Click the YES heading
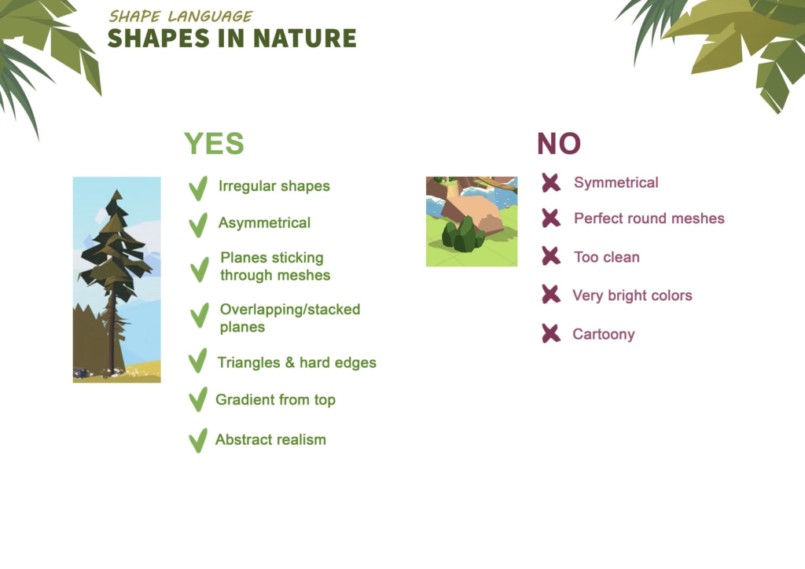pyautogui.click(x=214, y=144)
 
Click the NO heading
pyautogui.click(x=559, y=144)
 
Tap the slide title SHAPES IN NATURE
pyautogui.click(x=232, y=39)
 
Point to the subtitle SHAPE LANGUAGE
pyautogui.click(x=180, y=17)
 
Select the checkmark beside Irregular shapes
pyautogui.click(x=197, y=188)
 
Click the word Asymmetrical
pyautogui.click(x=264, y=222)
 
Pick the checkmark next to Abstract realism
pyautogui.click(x=197, y=440)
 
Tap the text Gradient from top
pyautogui.click(x=275, y=400)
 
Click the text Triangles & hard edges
pyautogui.click(x=296, y=363)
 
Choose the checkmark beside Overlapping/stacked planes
pyautogui.click(x=199, y=315)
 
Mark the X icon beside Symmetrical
pyautogui.click(x=551, y=182)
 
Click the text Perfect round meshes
pyautogui.click(x=649, y=218)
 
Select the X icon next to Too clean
pyautogui.click(x=551, y=255)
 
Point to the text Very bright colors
pyautogui.click(x=632, y=296)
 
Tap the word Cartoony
pyautogui.click(x=603, y=335)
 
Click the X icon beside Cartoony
pyautogui.click(x=551, y=333)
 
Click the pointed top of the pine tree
pyautogui.click(x=118, y=191)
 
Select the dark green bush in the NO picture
pyautogui.click(x=463, y=235)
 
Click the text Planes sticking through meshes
pyautogui.click(x=275, y=266)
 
